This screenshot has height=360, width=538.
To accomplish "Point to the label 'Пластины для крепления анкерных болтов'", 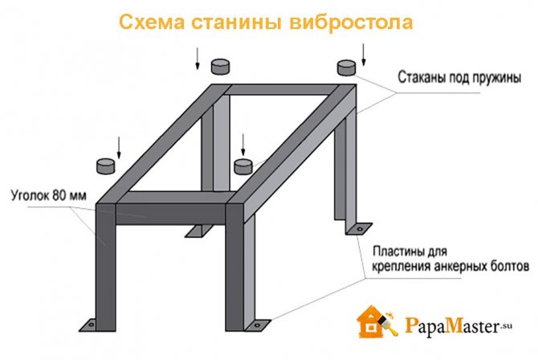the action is tap(450, 258).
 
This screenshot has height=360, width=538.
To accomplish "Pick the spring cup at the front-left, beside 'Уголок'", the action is tap(105, 166).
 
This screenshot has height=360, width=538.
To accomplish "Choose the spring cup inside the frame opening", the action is tap(243, 166).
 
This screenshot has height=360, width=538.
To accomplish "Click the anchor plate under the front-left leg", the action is tap(93, 323).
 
